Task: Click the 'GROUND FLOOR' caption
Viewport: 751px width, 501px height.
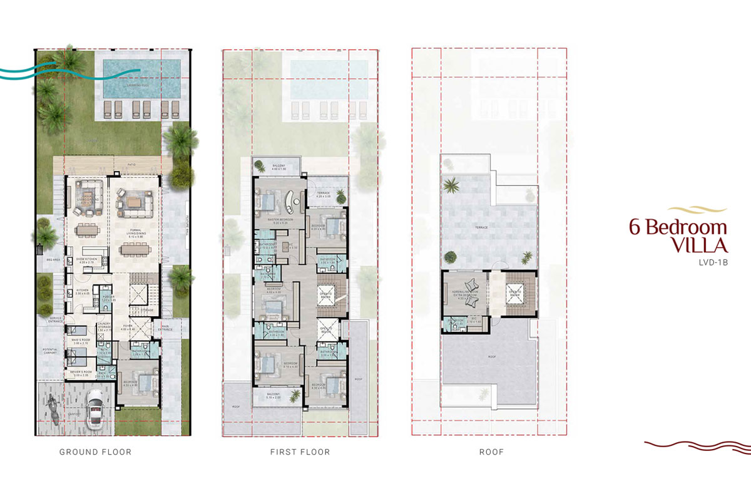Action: [x=95, y=452]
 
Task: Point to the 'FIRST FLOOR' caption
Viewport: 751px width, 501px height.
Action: [x=300, y=452]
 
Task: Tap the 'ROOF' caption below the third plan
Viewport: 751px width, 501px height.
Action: [x=491, y=452]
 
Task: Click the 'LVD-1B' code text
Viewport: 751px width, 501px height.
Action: [x=712, y=263]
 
